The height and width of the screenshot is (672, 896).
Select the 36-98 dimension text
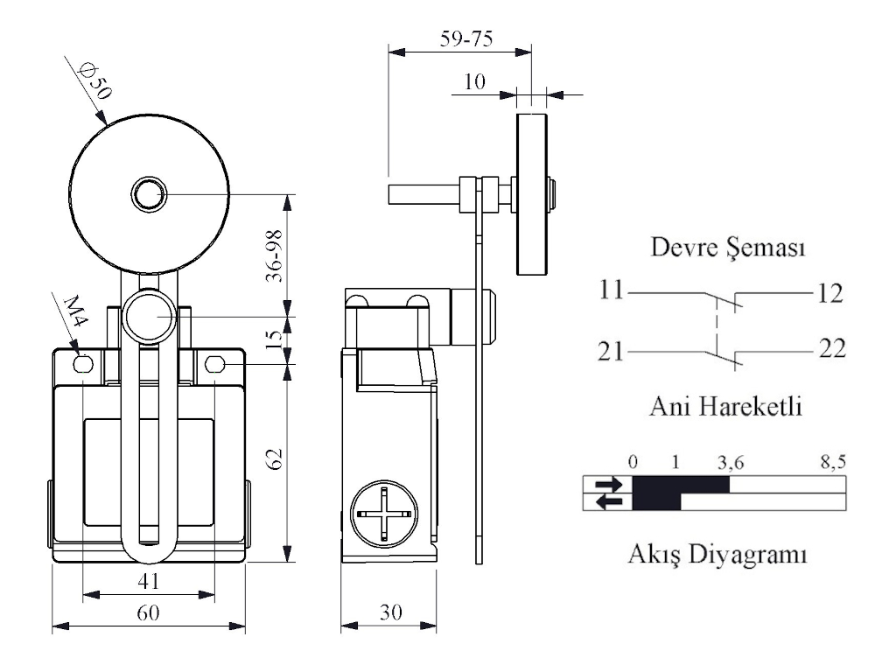coord(274,255)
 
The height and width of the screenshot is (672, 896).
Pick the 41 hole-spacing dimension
coord(150,579)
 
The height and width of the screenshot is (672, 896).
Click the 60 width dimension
coord(150,612)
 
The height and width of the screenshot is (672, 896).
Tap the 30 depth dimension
coord(389,612)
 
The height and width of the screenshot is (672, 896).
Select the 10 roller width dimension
coord(475,82)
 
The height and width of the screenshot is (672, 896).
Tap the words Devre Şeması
coord(728,248)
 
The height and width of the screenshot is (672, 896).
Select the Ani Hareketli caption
coord(726,407)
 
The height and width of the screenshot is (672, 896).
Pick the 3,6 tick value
coord(729,462)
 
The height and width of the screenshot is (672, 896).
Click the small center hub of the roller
coord(147,193)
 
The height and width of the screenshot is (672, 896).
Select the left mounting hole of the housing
coord(84,364)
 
